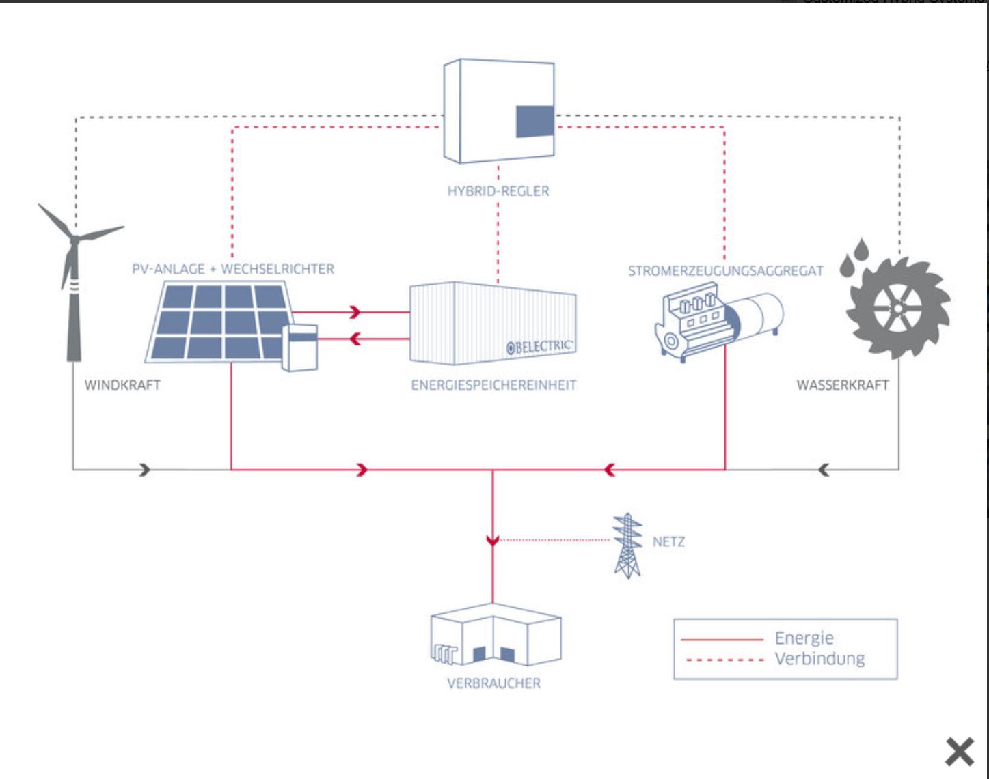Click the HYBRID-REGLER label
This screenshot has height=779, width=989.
coord(498,191)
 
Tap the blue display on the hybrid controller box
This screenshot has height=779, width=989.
coord(534,122)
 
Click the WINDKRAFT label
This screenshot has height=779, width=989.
coord(122,385)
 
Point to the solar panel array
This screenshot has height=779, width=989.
coord(217,322)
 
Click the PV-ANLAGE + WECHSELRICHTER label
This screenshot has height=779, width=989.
coord(233,269)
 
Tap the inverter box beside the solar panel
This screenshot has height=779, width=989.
coord(300,348)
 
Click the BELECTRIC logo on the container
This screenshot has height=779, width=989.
coord(540,346)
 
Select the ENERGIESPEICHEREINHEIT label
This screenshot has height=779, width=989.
coord(493,385)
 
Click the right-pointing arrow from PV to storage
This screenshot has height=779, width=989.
coord(354,312)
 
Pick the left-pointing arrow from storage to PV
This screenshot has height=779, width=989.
coord(354,337)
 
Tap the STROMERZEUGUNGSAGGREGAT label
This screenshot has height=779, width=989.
coord(726,271)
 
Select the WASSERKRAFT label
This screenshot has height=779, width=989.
coord(843,385)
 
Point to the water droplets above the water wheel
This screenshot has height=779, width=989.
coord(854,257)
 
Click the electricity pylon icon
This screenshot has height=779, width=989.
coord(627,546)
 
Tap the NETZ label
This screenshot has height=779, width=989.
coord(668,542)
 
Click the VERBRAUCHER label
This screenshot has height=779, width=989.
coord(493,683)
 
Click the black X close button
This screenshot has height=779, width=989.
coord(960,752)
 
